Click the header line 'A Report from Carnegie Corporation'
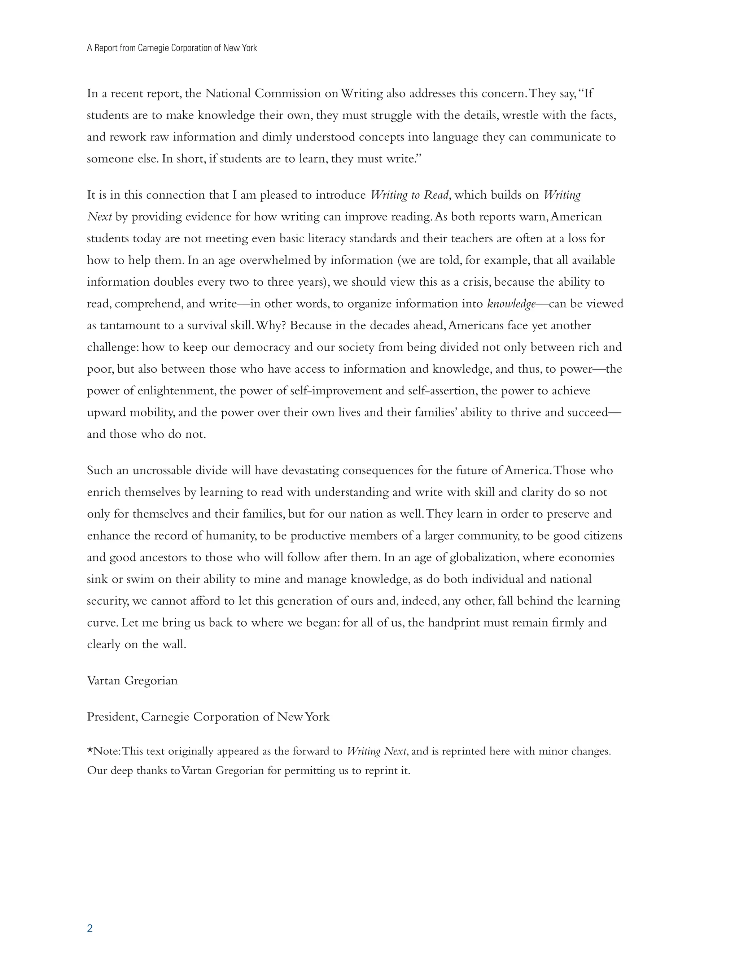pyautogui.click(x=172, y=48)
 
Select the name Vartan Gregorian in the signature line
pyautogui.click(x=132, y=680)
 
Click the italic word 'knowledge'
pyautogui.click(x=511, y=304)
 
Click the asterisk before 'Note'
pyautogui.click(x=90, y=751)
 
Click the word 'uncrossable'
pyautogui.click(x=162, y=471)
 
